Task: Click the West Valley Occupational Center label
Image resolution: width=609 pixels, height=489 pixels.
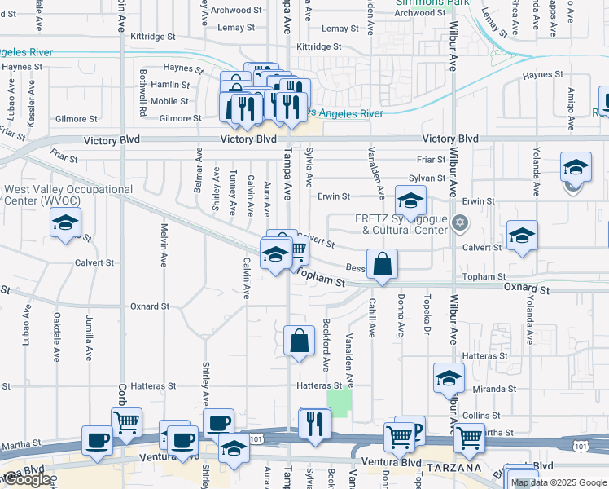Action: point(68,195)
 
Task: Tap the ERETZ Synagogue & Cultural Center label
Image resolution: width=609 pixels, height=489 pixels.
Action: point(401,224)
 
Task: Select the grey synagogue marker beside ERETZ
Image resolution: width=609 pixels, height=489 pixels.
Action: point(460,222)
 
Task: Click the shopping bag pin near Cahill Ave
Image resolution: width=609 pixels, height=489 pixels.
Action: point(381,265)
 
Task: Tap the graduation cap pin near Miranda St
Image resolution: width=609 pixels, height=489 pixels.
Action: point(448,379)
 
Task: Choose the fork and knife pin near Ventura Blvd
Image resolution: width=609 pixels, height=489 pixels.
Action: point(315,424)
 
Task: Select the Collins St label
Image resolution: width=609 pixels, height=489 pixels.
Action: point(475,416)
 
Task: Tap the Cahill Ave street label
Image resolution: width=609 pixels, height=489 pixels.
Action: point(372,317)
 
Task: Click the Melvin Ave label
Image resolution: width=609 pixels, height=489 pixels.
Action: point(164,246)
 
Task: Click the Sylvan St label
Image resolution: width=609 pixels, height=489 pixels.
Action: point(427,178)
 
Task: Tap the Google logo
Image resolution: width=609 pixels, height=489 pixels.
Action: point(26,479)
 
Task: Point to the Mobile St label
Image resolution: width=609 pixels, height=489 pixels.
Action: point(170,102)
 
